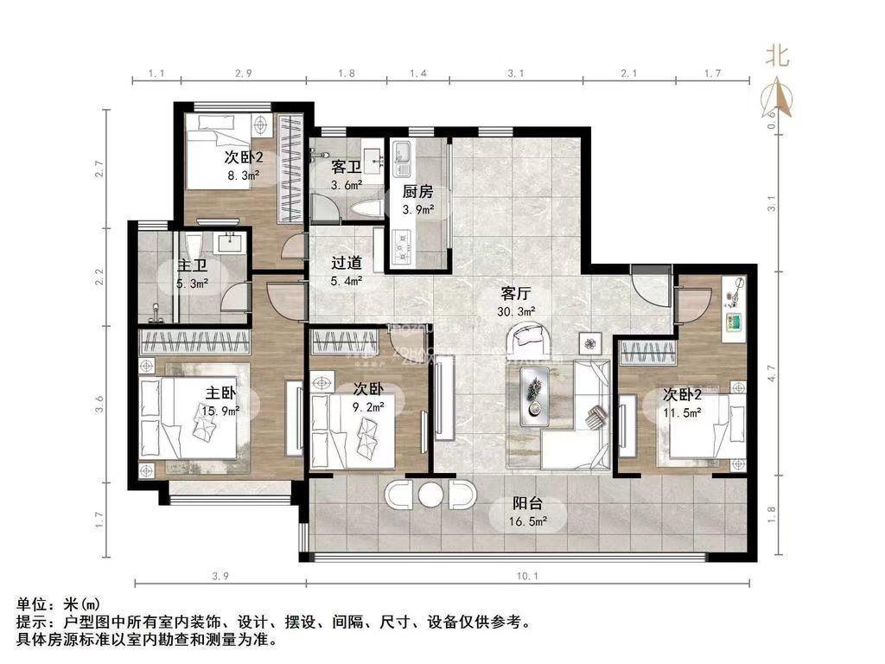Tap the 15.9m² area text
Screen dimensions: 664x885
[220, 412]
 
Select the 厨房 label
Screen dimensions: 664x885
[417, 192]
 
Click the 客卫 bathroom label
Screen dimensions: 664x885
[347, 166]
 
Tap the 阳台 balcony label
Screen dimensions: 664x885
[527, 506]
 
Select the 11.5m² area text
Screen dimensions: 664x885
[682, 413]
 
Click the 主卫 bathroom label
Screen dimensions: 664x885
[191, 265]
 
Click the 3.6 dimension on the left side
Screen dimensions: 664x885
[100, 403]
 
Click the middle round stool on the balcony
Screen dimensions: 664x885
[430, 495]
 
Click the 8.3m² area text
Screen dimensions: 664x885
[242, 176]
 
